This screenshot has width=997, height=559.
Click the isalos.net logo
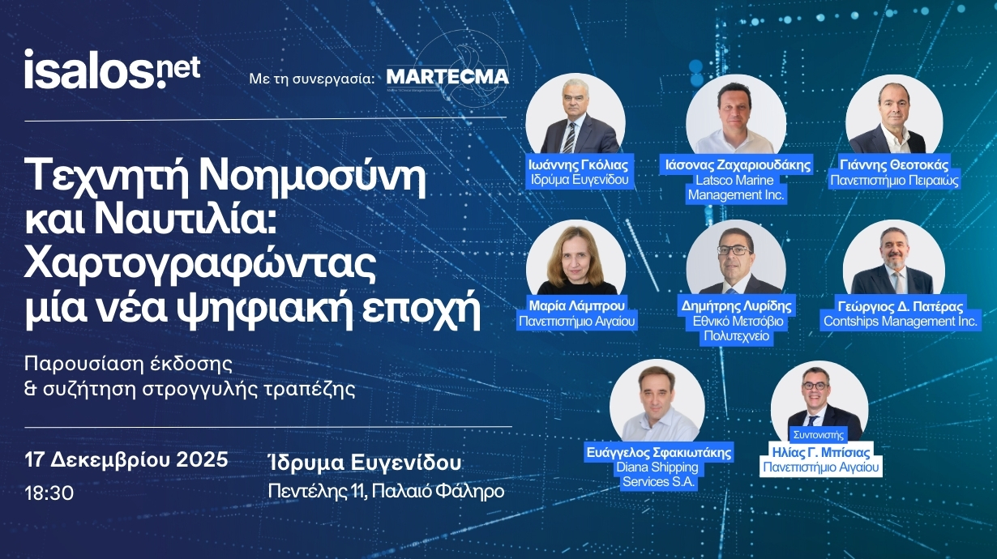(x=112, y=70)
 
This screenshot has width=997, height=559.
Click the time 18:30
(x=49, y=493)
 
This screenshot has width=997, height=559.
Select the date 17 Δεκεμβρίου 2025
(x=126, y=459)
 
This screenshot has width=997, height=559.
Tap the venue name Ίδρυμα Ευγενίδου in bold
(x=364, y=462)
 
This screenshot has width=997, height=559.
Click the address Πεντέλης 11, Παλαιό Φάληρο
(x=386, y=492)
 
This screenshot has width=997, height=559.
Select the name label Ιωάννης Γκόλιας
(x=578, y=165)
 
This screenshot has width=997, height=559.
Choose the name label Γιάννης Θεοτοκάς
(x=894, y=165)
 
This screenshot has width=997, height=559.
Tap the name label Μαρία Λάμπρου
(x=577, y=305)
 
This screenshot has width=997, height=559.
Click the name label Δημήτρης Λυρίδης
(x=737, y=306)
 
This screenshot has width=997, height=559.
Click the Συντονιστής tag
(x=819, y=434)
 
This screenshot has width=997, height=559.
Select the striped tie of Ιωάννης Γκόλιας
(x=569, y=138)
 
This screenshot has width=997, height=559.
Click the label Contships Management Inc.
(x=901, y=321)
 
